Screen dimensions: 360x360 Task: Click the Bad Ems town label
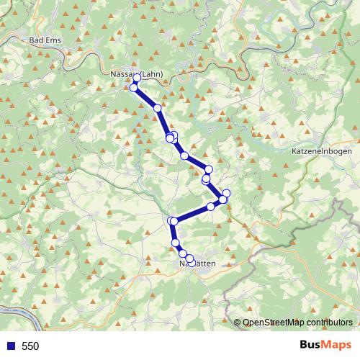click(44, 41)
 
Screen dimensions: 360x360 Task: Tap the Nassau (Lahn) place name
click(138, 73)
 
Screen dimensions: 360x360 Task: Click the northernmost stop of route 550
click(137, 78)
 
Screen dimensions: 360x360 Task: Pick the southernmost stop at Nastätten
click(190, 258)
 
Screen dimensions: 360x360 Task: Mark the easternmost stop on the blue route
click(226, 193)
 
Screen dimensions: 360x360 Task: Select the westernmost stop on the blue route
click(133, 87)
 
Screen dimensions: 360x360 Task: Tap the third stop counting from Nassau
click(157, 108)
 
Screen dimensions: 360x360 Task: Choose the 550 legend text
click(31, 346)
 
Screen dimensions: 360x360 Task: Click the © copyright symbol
click(238, 323)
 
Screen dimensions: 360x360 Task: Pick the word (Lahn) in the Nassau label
click(152, 73)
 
